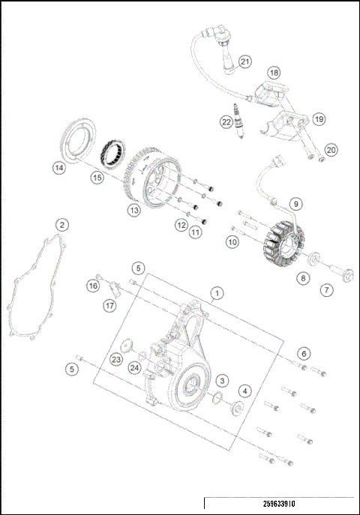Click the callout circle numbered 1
coord(217,292)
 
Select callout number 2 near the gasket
coord(63,224)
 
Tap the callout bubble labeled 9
coord(296,203)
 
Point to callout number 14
coord(58,168)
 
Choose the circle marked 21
coord(245,61)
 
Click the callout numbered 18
coord(274,73)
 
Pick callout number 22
coord(226,121)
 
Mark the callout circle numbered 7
coord(327,289)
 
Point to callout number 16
coord(93,286)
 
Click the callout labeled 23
coord(116,359)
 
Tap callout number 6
coord(303,352)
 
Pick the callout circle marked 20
coord(331,149)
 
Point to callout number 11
coord(196,232)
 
